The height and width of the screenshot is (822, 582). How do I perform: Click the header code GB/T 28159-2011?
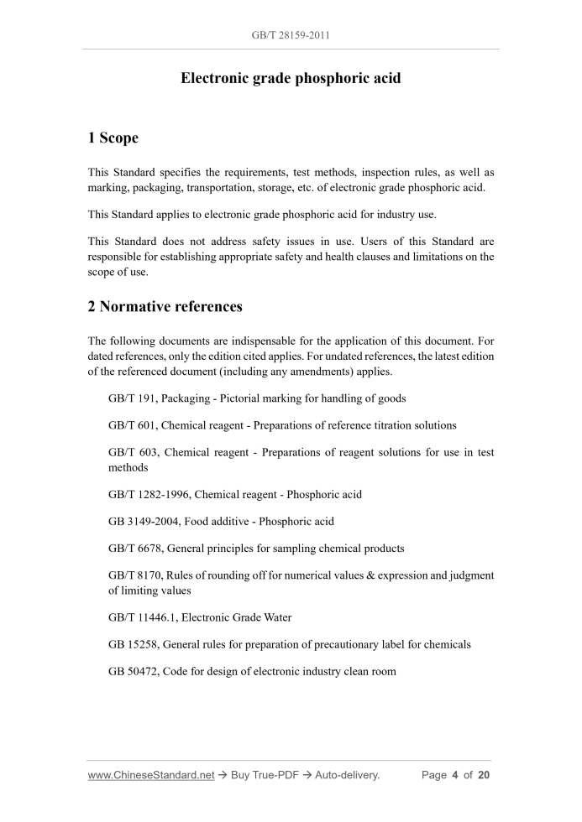pyautogui.click(x=291, y=36)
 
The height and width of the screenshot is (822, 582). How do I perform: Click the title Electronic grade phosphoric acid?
pyautogui.click(x=291, y=79)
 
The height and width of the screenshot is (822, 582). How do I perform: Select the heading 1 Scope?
pyautogui.click(x=113, y=138)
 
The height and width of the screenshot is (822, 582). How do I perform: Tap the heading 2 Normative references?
pyautogui.click(x=165, y=306)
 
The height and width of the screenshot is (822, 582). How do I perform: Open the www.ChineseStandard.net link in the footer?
pyautogui.click(x=151, y=775)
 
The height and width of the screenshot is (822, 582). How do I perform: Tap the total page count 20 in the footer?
pyautogui.click(x=483, y=775)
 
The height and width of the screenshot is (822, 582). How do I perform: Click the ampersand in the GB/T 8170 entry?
pyautogui.click(x=364, y=575)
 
